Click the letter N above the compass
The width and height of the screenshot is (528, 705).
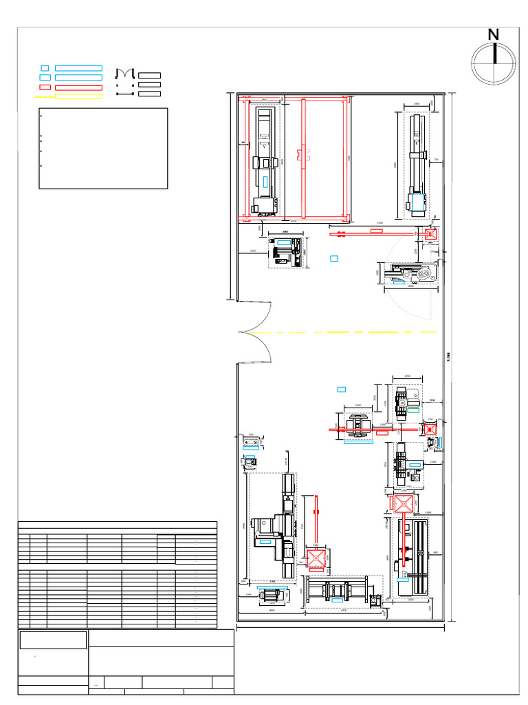[x=494, y=35]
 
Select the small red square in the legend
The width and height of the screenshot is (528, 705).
[x=45, y=87]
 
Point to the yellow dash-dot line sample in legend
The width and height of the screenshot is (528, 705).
[x=44, y=97]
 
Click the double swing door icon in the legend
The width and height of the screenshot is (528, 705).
[x=124, y=74]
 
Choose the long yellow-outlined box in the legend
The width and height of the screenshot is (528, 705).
[x=78, y=97]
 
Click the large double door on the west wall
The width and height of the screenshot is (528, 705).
[x=256, y=332]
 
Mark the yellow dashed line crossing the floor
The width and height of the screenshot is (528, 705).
[x=344, y=332]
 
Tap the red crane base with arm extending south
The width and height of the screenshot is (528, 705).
[x=402, y=504]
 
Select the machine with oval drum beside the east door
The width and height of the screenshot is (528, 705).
[x=410, y=273]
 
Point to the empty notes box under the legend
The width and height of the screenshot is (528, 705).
[x=103, y=148]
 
